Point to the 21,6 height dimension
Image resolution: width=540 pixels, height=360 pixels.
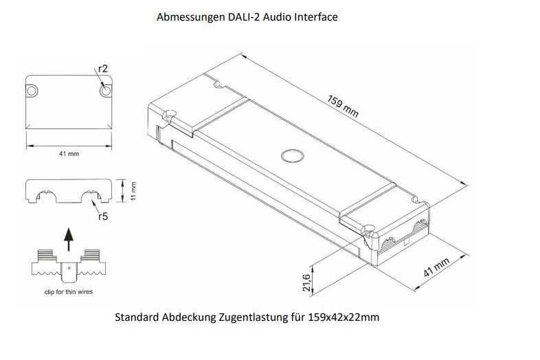[307, 281]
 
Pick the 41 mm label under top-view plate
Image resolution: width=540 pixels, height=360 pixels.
[69, 154]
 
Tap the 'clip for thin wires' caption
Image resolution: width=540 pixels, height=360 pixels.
[64, 292]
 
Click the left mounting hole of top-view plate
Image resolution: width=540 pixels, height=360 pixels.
[32, 91]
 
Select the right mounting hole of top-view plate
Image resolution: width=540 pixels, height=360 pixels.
[105, 91]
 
